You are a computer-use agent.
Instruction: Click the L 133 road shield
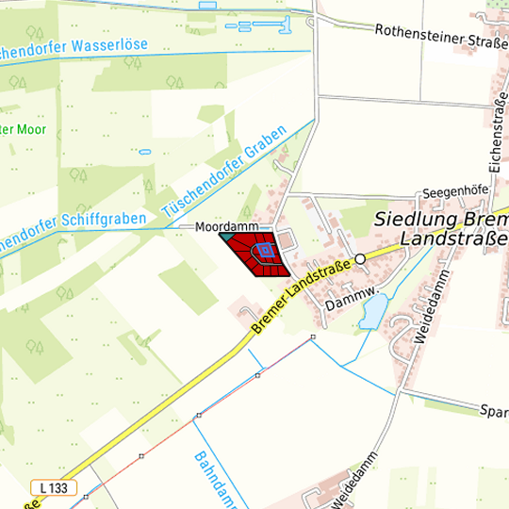coord(53,487)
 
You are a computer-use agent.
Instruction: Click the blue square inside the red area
coord(266,250)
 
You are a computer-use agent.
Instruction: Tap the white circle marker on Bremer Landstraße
coord(359,258)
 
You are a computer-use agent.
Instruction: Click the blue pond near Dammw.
coord(373,310)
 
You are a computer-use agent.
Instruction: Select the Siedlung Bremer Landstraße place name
coord(441,227)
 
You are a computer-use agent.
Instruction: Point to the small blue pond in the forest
coord(144,151)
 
